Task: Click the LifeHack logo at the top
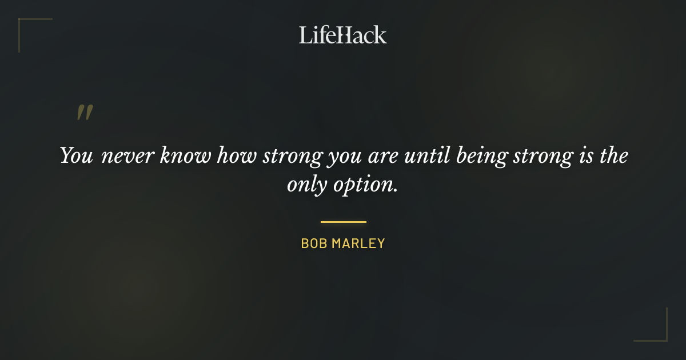point(343,35)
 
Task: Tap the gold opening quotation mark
point(85,113)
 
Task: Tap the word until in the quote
point(427,157)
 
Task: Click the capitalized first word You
point(76,157)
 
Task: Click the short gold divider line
point(343,222)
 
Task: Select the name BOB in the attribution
point(313,243)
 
